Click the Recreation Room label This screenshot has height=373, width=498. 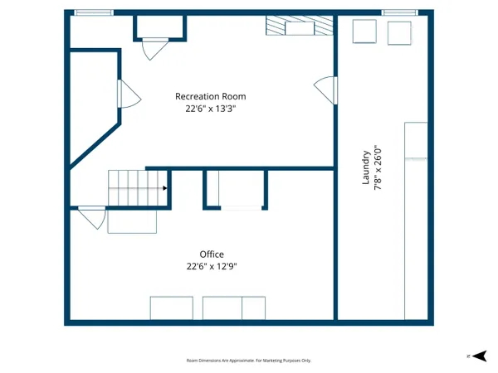pos(210,96)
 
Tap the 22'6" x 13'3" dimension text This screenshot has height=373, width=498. pos(210,108)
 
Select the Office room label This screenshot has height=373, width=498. pos(211,254)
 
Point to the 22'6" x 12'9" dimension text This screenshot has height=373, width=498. pos(211,266)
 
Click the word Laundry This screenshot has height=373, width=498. pos(366,167)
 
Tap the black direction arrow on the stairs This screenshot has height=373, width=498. pos(165,188)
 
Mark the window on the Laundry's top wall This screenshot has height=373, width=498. pos(399,12)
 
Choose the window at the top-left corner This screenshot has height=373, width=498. pos(93,12)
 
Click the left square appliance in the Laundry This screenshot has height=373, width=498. pos(365,31)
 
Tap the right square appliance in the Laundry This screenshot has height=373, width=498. pos(399,31)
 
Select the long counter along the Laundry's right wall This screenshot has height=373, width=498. pos(415,220)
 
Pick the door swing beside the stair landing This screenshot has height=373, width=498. pos(91,218)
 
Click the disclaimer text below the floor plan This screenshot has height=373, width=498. pos(248,361)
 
